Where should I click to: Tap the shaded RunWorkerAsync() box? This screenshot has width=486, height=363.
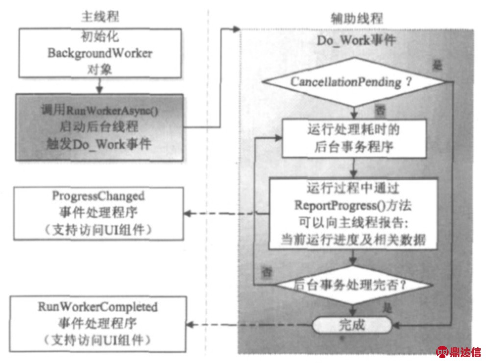click(x=99, y=127)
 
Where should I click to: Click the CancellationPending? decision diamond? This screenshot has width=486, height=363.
click(x=352, y=82)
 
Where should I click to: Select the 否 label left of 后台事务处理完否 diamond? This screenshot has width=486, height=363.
click(x=266, y=271)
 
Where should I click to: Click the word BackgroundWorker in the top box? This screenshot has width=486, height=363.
click(x=99, y=52)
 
